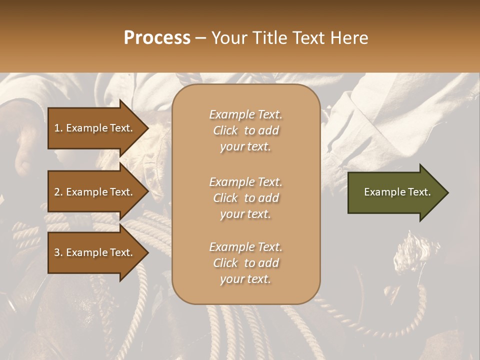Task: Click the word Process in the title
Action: click(157, 38)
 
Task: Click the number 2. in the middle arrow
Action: click(58, 192)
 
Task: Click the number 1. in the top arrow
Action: click(58, 128)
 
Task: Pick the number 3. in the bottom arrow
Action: click(58, 252)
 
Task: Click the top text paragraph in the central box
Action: click(245, 130)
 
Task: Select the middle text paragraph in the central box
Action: click(245, 198)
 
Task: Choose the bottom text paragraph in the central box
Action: click(245, 263)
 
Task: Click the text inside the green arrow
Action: click(397, 192)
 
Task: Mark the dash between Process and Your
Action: click(201, 38)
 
